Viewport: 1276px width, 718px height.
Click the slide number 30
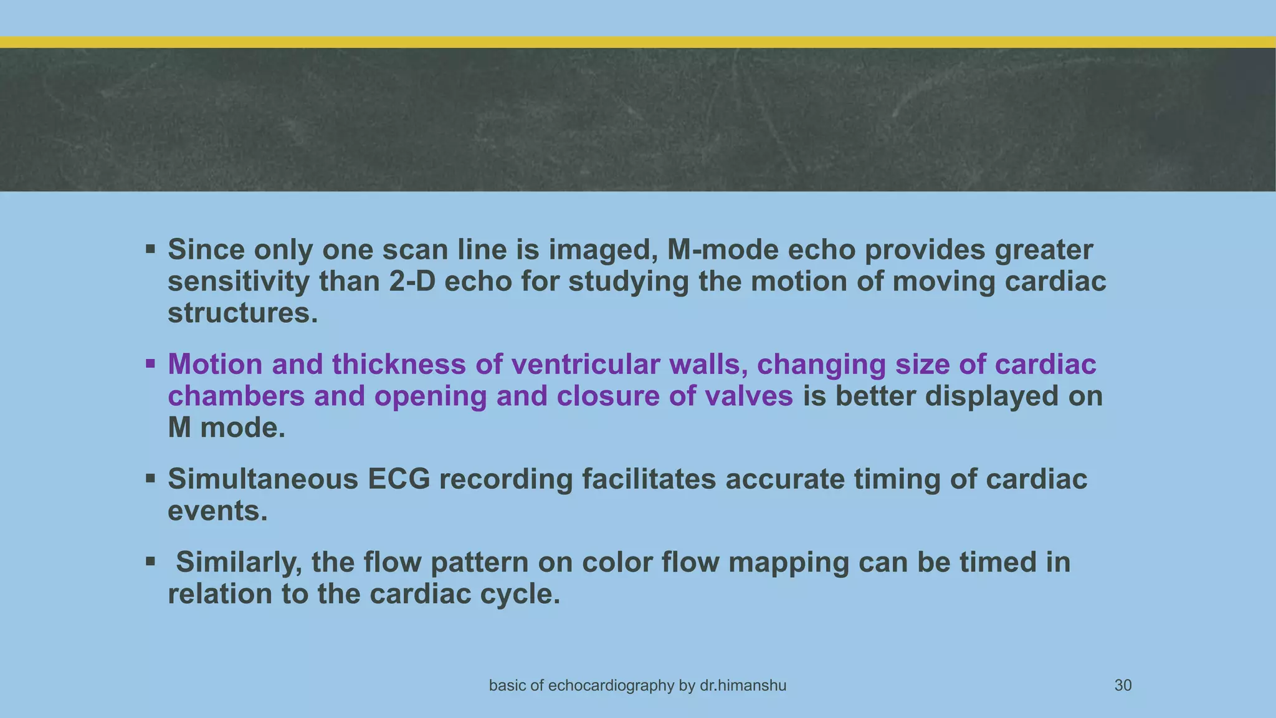[x=1123, y=686]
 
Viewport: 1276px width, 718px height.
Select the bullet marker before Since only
[x=150, y=250]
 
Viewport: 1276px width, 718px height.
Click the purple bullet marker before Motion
[x=150, y=364]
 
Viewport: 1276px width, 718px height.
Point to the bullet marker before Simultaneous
[x=150, y=479]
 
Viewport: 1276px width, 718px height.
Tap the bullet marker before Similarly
[x=150, y=562]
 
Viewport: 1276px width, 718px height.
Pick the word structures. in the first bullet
[x=243, y=313]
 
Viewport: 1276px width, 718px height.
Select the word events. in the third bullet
[x=217, y=511]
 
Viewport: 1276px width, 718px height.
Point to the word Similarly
[x=239, y=562]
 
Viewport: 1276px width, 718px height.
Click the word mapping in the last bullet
[x=788, y=562]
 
